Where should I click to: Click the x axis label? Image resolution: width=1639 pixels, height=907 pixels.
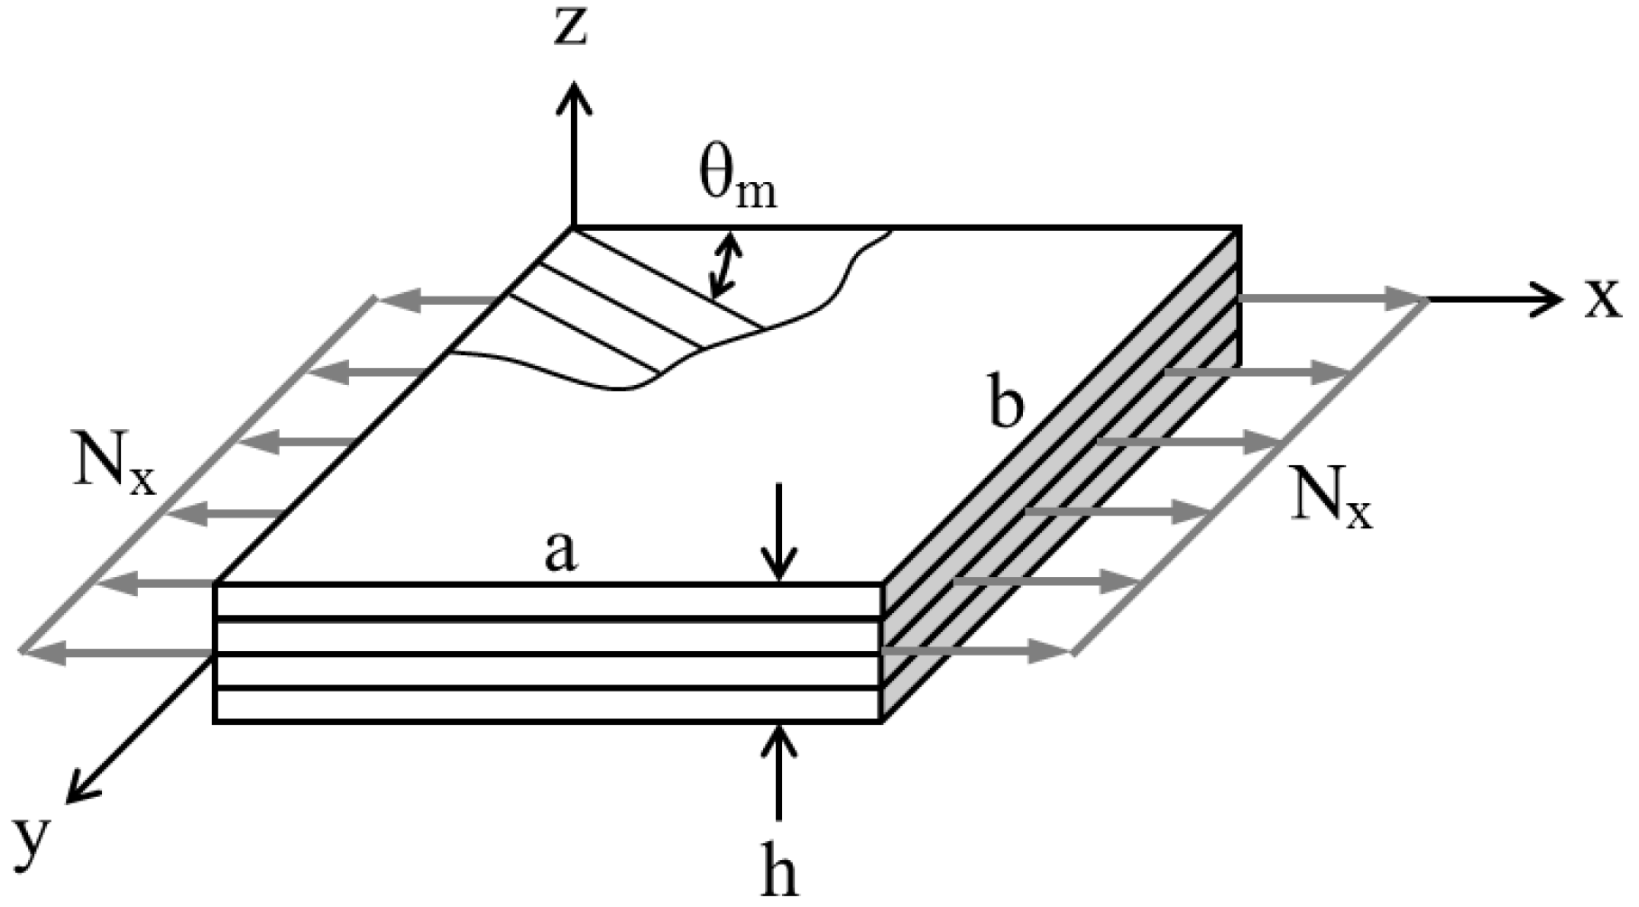click(x=1603, y=300)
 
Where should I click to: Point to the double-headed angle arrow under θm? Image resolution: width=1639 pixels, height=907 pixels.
click(x=724, y=265)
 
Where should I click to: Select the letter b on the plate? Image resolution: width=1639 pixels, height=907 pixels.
click(x=1006, y=406)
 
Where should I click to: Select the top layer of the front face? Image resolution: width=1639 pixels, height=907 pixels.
click(x=546, y=601)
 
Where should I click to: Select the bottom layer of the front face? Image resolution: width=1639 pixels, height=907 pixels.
click(x=546, y=706)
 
